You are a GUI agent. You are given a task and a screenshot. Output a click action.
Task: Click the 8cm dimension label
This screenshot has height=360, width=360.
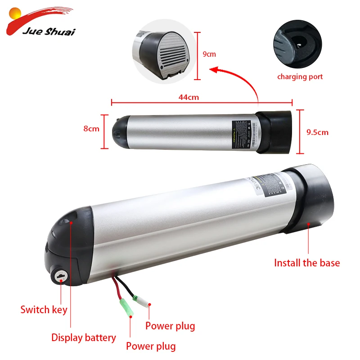pos(91,129)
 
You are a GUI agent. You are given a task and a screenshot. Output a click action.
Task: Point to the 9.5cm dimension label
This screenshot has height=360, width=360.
pos(317,132)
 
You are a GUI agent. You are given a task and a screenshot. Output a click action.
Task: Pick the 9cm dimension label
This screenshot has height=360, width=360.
pos(209,54)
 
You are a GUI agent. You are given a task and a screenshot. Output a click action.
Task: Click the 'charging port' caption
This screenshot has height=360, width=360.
pos(300,76)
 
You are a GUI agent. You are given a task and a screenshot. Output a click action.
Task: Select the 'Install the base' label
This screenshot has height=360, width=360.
pos(307,263)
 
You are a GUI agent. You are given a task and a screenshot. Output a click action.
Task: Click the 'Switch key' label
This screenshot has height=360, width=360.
pos(44,310)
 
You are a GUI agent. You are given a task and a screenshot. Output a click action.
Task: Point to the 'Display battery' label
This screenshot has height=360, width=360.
pos(83,337)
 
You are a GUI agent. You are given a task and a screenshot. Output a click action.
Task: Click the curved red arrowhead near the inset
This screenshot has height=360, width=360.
pos(215,70)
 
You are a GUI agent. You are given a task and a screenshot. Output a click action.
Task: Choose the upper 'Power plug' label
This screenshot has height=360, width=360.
pos(170,326)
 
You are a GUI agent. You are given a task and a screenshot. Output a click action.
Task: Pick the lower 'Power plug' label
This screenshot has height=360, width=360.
pos(151,346)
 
